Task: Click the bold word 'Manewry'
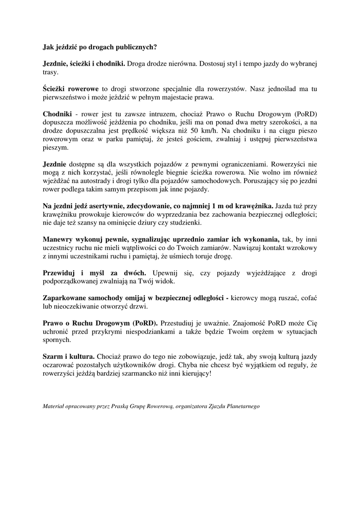[59, 240]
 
